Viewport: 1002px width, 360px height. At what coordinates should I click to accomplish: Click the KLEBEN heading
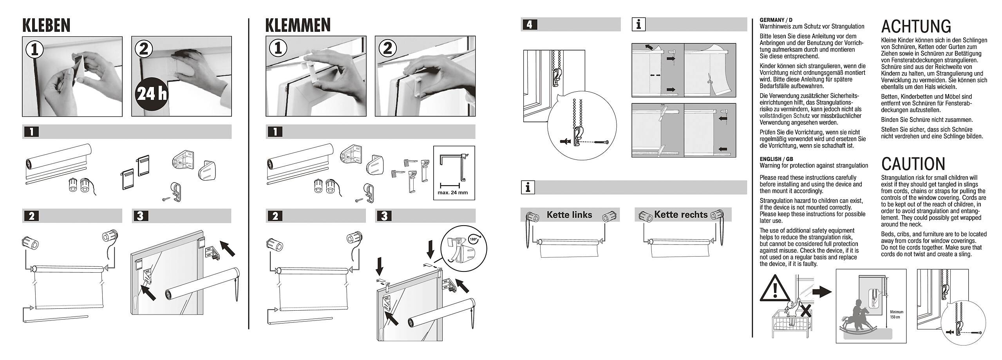46,25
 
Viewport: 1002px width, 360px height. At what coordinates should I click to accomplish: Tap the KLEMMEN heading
298,25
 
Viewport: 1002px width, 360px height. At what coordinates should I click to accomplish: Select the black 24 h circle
151,94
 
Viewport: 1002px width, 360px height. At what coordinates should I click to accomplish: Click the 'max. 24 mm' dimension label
452,192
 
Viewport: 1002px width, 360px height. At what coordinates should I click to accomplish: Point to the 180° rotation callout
473,239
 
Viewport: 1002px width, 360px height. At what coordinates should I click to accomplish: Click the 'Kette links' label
569,215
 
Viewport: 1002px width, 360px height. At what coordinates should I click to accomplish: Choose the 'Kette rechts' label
681,215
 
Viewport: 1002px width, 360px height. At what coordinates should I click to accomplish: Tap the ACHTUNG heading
916,26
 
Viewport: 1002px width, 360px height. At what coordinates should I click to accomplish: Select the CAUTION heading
913,164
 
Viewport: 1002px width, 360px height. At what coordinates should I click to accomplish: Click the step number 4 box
529,25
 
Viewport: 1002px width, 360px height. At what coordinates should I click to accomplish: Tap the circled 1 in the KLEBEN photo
35,49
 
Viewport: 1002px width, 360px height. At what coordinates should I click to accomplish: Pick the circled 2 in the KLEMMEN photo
388,48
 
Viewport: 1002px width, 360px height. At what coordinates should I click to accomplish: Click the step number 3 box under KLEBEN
140,216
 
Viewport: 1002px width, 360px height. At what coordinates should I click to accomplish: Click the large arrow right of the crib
821,291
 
